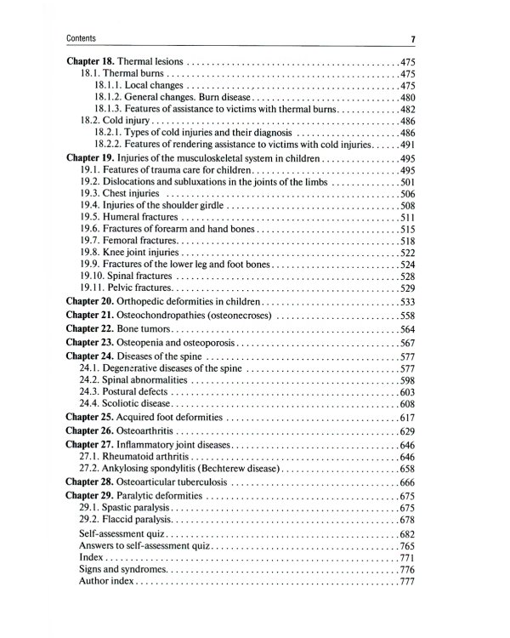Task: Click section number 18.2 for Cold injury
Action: click(x=91, y=122)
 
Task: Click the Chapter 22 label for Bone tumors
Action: click(x=90, y=329)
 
